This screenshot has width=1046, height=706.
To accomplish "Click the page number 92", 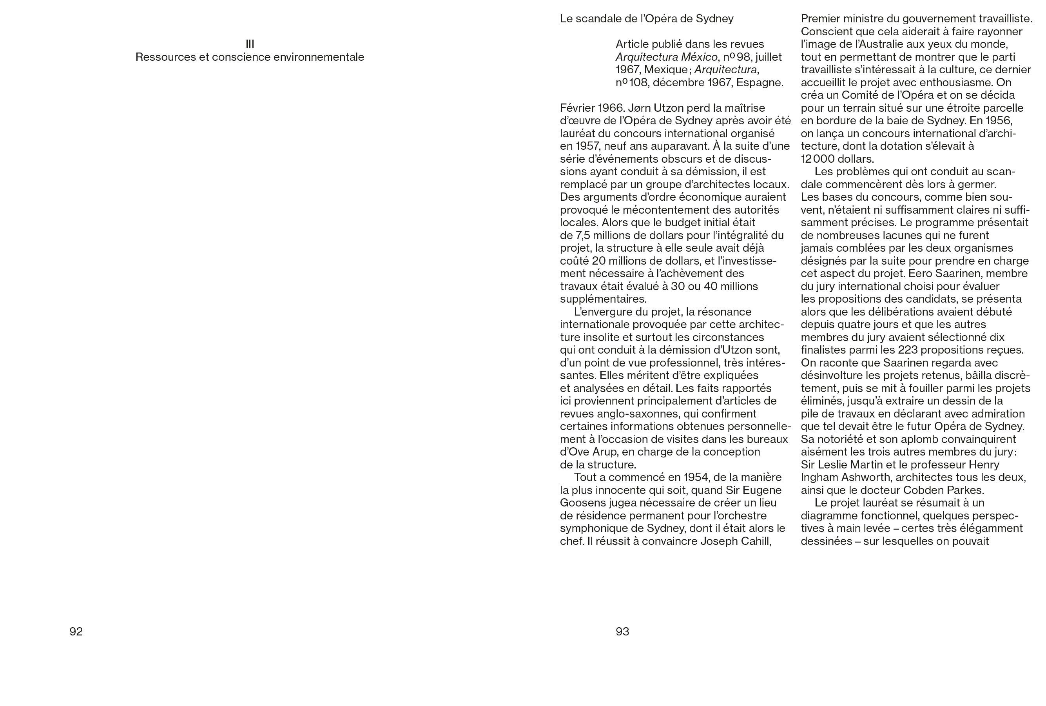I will (76, 632).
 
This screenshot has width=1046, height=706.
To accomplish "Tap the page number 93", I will (622, 632).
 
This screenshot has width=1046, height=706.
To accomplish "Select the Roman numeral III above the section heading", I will (250, 44).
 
